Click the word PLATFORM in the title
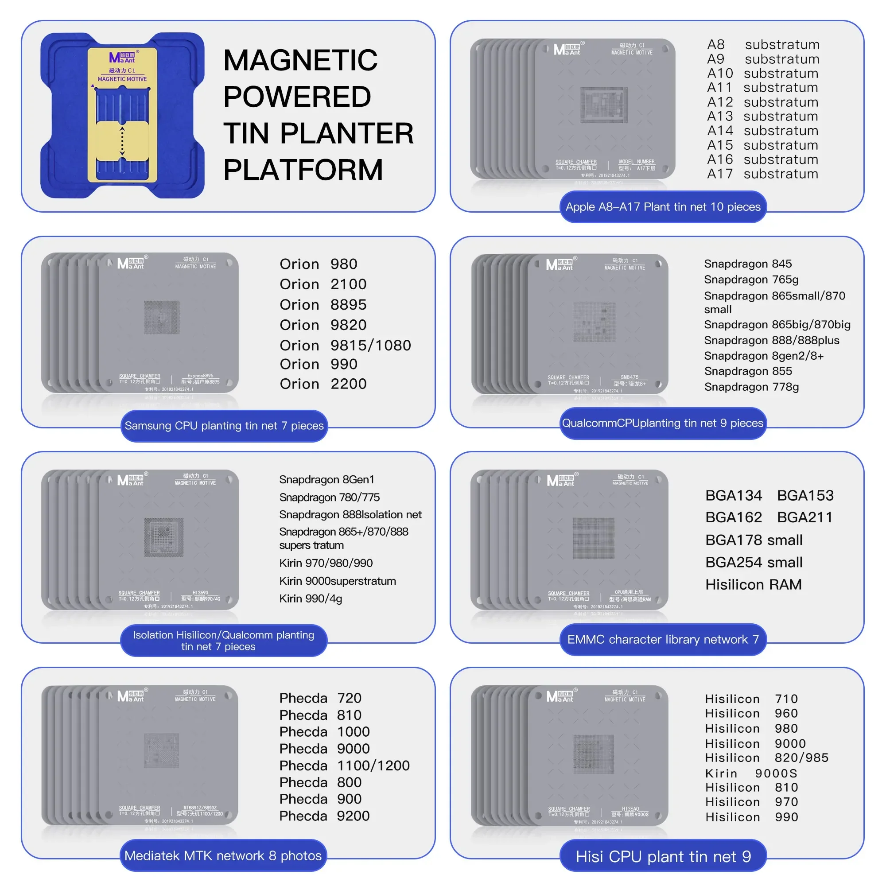[x=303, y=170]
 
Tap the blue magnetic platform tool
[x=122, y=115]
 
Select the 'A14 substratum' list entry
[x=762, y=131]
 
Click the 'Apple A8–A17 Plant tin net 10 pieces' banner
[x=663, y=207]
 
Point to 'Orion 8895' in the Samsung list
[x=323, y=304]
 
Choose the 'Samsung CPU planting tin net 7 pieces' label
[x=224, y=426]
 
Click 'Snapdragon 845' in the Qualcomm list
[x=747, y=264]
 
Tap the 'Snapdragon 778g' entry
[x=751, y=387]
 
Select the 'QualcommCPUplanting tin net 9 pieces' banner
[x=663, y=423]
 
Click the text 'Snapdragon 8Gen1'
[x=326, y=480]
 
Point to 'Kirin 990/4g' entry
[x=311, y=599]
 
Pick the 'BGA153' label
[x=805, y=496]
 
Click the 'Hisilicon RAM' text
[x=753, y=585]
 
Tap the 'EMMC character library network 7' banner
[x=663, y=640]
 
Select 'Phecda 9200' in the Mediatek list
[x=324, y=816]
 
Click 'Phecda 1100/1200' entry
[x=344, y=766]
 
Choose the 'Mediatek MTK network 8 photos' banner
[x=223, y=856]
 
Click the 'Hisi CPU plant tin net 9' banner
[x=663, y=857]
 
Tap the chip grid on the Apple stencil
[x=604, y=105]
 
